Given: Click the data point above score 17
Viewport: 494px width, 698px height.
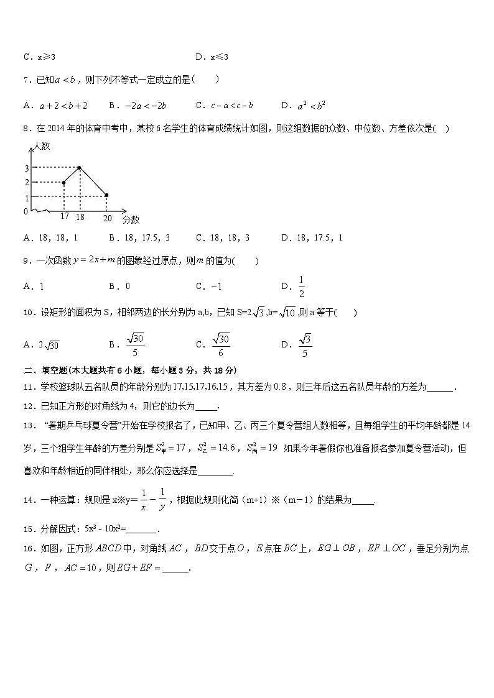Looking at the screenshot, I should pyautogui.click(x=64, y=182).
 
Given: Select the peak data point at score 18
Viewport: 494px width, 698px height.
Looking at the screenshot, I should pyautogui.click(x=80, y=167).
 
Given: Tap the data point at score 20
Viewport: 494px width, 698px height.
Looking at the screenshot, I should pyautogui.click(x=106, y=195).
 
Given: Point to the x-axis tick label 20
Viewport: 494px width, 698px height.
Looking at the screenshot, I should pyautogui.click(x=107, y=217).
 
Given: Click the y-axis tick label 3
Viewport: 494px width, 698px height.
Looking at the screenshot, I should pyautogui.click(x=27, y=168).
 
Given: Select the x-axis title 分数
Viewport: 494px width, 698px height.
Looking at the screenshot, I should pyautogui.click(x=131, y=219).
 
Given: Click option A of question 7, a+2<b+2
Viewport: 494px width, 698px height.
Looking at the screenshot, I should pyautogui.click(x=55, y=105).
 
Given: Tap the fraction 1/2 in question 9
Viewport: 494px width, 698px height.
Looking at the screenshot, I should pyautogui.click(x=302, y=287).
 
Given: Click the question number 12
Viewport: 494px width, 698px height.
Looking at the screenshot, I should pyautogui.click(x=29, y=406).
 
